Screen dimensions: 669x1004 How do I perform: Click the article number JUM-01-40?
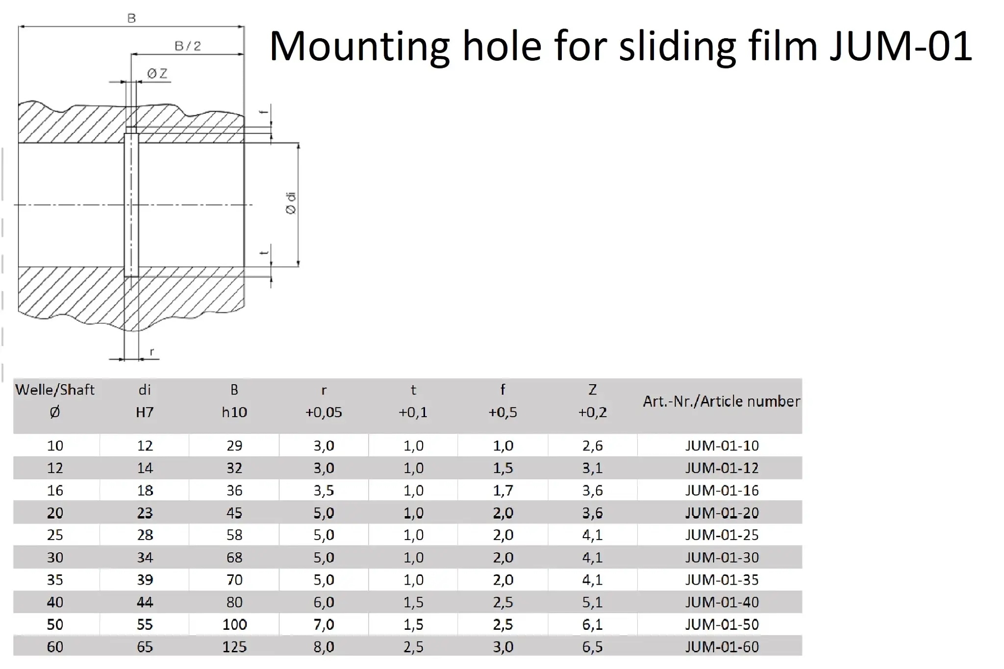tap(722, 602)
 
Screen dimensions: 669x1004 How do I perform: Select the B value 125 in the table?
tap(234, 647)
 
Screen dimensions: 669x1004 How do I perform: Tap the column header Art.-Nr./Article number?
tap(721, 401)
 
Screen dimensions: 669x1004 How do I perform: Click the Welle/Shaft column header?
tap(55, 390)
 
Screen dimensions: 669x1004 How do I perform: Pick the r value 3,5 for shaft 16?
tap(324, 490)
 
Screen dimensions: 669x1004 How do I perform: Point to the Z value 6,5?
tap(592, 647)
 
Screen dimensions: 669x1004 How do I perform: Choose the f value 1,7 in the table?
tap(503, 490)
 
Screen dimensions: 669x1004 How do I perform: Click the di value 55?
tap(145, 624)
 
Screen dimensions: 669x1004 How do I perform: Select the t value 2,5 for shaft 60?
tap(413, 647)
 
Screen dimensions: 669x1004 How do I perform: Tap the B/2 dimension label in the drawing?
tap(188, 46)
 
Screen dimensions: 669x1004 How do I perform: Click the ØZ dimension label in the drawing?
tap(157, 74)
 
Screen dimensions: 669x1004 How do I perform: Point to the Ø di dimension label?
tap(291, 203)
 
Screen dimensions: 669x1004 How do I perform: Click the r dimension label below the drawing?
tap(152, 352)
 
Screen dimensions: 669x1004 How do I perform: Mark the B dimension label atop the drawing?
tap(131, 19)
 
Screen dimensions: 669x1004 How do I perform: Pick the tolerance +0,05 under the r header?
tap(324, 412)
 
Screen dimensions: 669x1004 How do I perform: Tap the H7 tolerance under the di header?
tap(145, 412)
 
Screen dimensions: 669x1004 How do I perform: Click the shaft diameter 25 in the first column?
tap(55, 535)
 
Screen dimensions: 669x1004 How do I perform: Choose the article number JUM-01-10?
tap(722, 446)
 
